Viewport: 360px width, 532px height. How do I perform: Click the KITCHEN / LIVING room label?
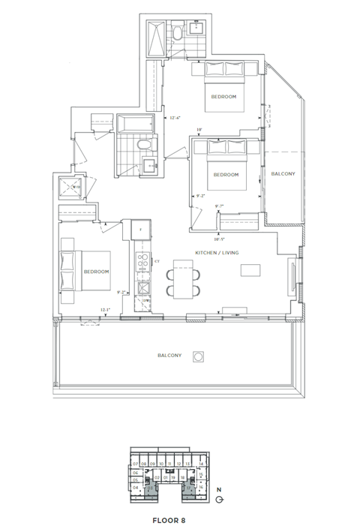point(217,253)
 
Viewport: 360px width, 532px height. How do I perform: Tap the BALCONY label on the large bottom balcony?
point(170,355)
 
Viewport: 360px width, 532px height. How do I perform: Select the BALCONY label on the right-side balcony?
point(283,174)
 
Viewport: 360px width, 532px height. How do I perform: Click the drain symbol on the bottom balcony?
point(199,356)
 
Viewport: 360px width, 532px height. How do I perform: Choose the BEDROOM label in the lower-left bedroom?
point(96,272)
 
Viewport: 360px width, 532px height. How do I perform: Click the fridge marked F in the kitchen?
point(140,229)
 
